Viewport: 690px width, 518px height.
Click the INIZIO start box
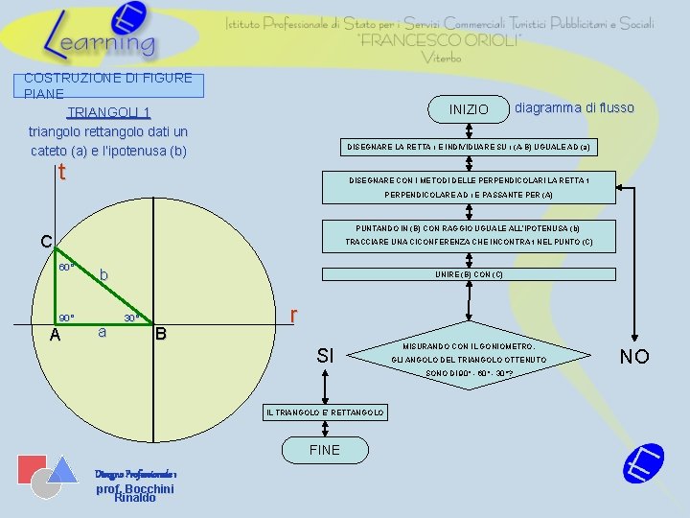pyautogui.click(x=469, y=109)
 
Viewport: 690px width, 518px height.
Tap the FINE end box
pyautogui.click(x=324, y=450)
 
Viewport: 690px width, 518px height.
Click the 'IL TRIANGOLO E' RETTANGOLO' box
pyautogui.click(x=324, y=412)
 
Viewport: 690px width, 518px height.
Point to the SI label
pyautogui.click(x=325, y=357)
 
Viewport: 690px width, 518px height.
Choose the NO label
pyautogui.click(x=634, y=357)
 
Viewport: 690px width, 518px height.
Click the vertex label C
pyautogui.click(x=45, y=242)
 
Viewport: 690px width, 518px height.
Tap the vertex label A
pyautogui.click(x=55, y=335)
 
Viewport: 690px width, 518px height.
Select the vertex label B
pyautogui.click(x=161, y=334)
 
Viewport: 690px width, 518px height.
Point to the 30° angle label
pyautogui.click(x=133, y=318)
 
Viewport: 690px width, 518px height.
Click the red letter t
pyautogui.click(x=61, y=173)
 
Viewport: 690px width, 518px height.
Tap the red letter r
pyautogui.click(x=295, y=315)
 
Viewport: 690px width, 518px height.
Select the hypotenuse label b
pyautogui.click(x=104, y=276)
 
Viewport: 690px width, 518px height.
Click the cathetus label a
pyautogui.click(x=102, y=333)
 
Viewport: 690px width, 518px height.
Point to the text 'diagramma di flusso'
pyautogui.click(x=574, y=107)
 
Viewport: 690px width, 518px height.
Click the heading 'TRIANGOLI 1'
pyautogui.click(x=108, y=111)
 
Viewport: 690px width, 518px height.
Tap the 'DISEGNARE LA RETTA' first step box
pyautogui.click(x=469, y=148)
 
